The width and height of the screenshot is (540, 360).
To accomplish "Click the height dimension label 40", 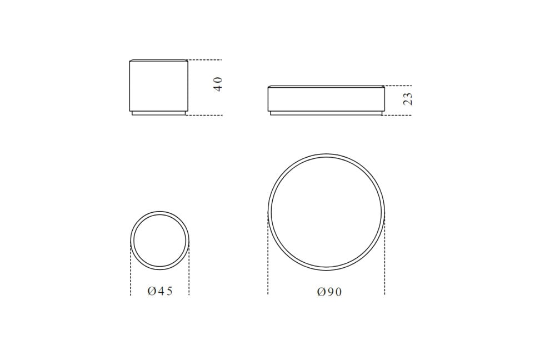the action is pos(218,84).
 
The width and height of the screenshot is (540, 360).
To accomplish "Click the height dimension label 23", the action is pos(407,99).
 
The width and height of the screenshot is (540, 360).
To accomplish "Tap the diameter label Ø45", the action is pos(160,291).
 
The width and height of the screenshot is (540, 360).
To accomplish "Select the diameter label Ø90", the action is pos(329,292).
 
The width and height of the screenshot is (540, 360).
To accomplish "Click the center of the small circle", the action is pos(160,241).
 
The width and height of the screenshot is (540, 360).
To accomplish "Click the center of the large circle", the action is pos(326,212).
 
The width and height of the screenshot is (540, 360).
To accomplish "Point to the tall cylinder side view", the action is pos(159,87).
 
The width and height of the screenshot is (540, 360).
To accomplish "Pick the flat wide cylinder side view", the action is pos(326,100).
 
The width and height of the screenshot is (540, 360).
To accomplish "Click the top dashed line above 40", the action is pos(205,60).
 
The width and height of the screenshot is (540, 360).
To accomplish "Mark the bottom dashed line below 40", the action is pos(204,115).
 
